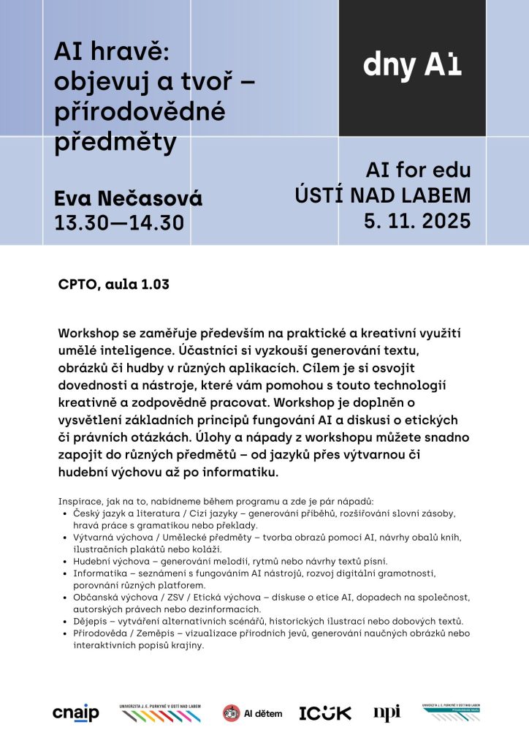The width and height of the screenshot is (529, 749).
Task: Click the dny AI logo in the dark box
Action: pyautogui.click(x=412, y=66)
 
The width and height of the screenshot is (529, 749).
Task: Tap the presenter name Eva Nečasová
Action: pyautogui.click(x=128, y=198)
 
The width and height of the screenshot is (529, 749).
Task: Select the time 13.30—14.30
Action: pyautogui.click(x=119, y=222)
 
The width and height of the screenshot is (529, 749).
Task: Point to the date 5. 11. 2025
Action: pyautogui.click(x=417, y=220)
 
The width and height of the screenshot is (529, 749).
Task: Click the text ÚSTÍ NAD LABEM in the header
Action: pyautogui.click(x=382, y=195)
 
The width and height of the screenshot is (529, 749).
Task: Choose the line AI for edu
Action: pyautogui.click(x=418, y=171)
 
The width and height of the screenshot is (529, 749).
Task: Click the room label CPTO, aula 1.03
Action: pyautogui.click(x=113, y=285)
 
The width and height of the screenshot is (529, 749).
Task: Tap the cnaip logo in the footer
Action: pyautogui.click(x=75, y=714)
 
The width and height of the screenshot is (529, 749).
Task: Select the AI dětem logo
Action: pyautogui.click(x=252, y=713)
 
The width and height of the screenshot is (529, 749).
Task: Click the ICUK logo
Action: pyautogui.click(x=325, y=713)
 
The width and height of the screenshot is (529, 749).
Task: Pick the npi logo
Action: pyautogui.click(x=387, y=713)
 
